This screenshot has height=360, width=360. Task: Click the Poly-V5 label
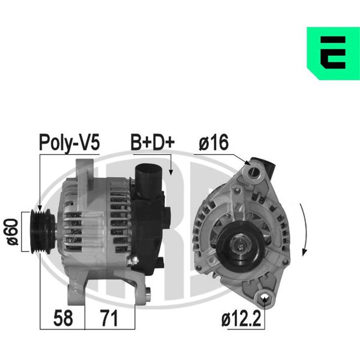pyautogui.click(x=70, y=143)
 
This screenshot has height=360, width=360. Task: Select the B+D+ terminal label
pyautogui.click(x=152, y=142)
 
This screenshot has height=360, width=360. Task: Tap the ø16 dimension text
pyautogui.click(x=214, y=142)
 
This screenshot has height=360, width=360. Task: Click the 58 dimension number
pyautogui.click(x=63, y=318)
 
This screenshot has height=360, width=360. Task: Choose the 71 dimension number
pyautogui.click(x=109, y=318)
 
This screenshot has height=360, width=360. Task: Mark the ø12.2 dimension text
pyautogui.click(x=241, y=319)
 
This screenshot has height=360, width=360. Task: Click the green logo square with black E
pyautogui.click(x=334, y=53)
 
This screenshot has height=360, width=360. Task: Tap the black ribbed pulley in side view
pyautogui.click(x=43, y=232)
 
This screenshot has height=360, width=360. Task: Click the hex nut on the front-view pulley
pyautogui.click(x=240, y=246)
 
